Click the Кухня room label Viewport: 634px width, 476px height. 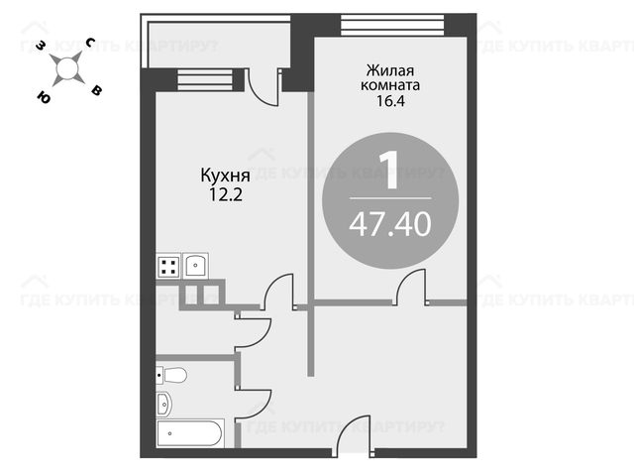[x=225, y=177]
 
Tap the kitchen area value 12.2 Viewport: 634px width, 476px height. [x=225, y=195]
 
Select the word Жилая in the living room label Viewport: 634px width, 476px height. [x=390, y=70]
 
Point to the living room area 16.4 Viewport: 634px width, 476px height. [x=390, y=101]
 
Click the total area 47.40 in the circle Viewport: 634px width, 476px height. [x=390, y=225]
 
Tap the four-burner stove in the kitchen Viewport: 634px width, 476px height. [x=168, y=266]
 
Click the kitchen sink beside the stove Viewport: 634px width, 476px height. [x=196, y=266]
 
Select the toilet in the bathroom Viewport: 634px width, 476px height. [x=171, y=375]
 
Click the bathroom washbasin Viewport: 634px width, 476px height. [x=163, y=404]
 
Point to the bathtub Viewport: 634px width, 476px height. [x=190, y=433]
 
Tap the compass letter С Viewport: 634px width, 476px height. [x=90, y=42]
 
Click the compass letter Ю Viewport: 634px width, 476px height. [x=44, y=97]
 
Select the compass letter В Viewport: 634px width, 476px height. [x=96, y=90]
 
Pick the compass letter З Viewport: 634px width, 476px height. [x=40, y=45]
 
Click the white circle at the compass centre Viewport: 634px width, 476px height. [x=66, y=68]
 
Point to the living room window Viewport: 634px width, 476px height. [x=392, y=25]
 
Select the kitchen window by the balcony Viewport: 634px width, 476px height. [x=205, y=79]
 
